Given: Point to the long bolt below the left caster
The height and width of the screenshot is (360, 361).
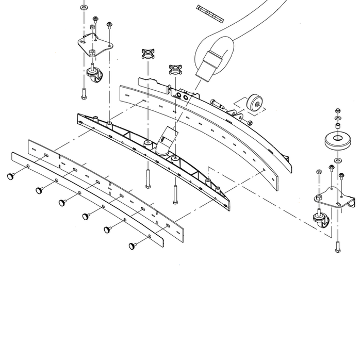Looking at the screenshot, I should tap(84, 93).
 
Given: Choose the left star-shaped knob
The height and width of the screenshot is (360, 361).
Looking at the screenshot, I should tap(149, 53).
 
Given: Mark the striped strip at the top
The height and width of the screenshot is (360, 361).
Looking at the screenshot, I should tap(210, 13).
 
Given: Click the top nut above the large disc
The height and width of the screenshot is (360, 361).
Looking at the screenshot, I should tap(337, 111).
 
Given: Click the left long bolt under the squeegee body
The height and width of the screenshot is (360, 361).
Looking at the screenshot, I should tap(147, 178).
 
